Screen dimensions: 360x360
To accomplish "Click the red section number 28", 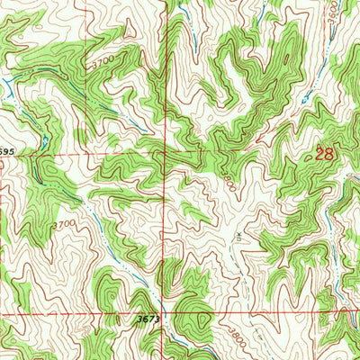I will click(x=325, y=154).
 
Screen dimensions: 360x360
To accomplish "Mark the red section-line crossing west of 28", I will click(x=164, y=154).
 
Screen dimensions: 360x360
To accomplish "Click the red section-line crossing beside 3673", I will click(x=164, y=315).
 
